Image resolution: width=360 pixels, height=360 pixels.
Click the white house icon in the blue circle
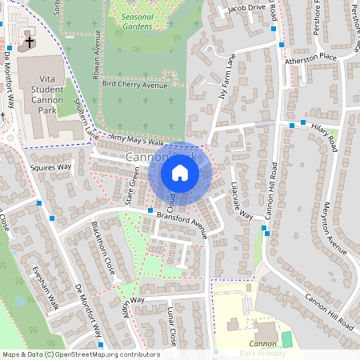tap(180, 173)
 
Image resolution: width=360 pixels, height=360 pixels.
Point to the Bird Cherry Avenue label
tap(130, 83)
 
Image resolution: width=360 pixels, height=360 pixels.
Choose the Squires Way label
tap(51, 167)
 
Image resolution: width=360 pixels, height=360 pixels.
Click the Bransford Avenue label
tap(182, 222)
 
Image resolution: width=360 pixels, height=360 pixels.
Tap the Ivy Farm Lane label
tap(227, 77)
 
